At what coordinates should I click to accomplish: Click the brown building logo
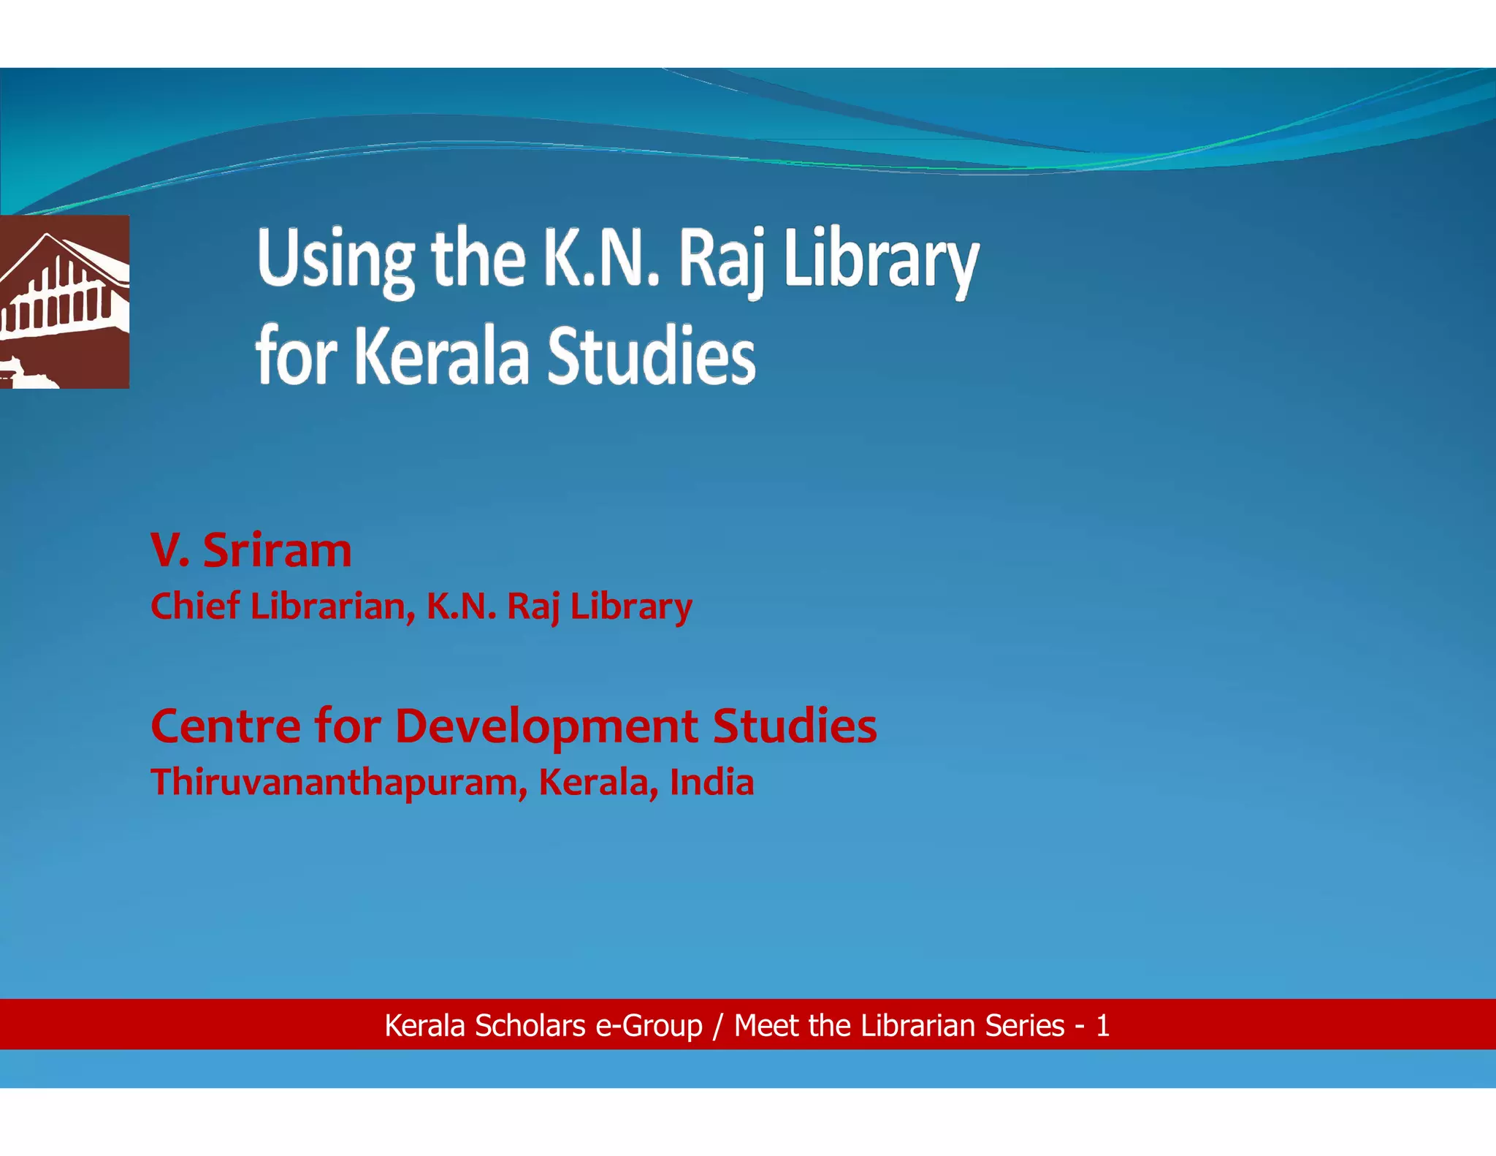point(64,301)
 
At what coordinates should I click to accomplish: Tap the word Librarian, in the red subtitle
point(333,606)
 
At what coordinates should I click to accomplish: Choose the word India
point(711,782)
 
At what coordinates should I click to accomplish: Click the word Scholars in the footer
point(530,1025)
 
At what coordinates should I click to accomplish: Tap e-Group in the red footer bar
point(649,1025)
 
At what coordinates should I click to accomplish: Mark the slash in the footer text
point(718,1026)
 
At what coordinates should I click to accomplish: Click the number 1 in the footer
point(1102,1026)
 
